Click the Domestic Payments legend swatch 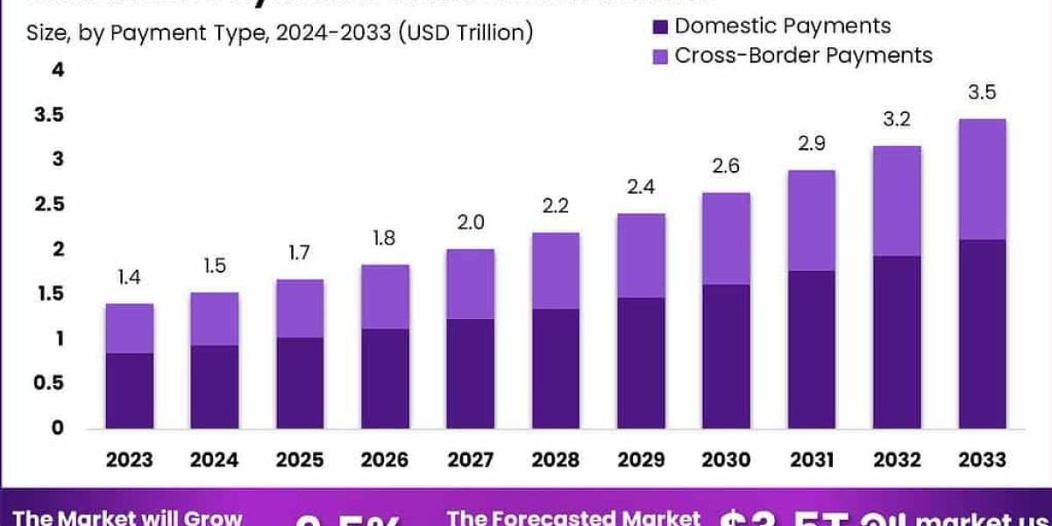[662, 27]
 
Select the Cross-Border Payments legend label [803, 56]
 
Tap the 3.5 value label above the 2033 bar [982, 93]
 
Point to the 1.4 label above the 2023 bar [130, 278]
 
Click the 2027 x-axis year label [470, 459]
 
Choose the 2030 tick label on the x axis [726, 459]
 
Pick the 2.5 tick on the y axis [50, 204]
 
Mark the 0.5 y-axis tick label [50, 383]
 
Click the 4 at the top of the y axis [59, 70]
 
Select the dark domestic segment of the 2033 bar [982, 333]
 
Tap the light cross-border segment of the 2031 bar [811, 220]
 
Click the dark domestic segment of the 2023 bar [130, 390]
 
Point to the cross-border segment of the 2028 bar [556, 270]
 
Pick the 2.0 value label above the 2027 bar [471, 224]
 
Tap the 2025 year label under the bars [300, 459]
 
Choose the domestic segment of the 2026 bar [385, 378]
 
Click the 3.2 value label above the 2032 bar [897, 120]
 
